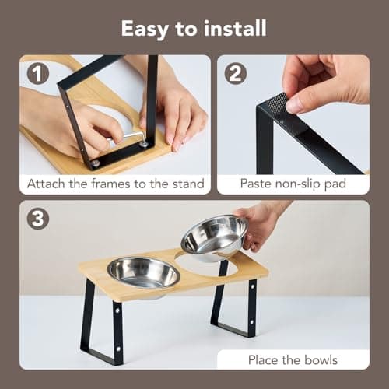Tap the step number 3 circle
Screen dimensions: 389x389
tap(37, 219)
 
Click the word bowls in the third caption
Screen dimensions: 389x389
tap(321, 360)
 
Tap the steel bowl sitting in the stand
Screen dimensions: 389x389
tap(143, 272)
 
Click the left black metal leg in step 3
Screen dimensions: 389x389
tap(104, 323)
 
